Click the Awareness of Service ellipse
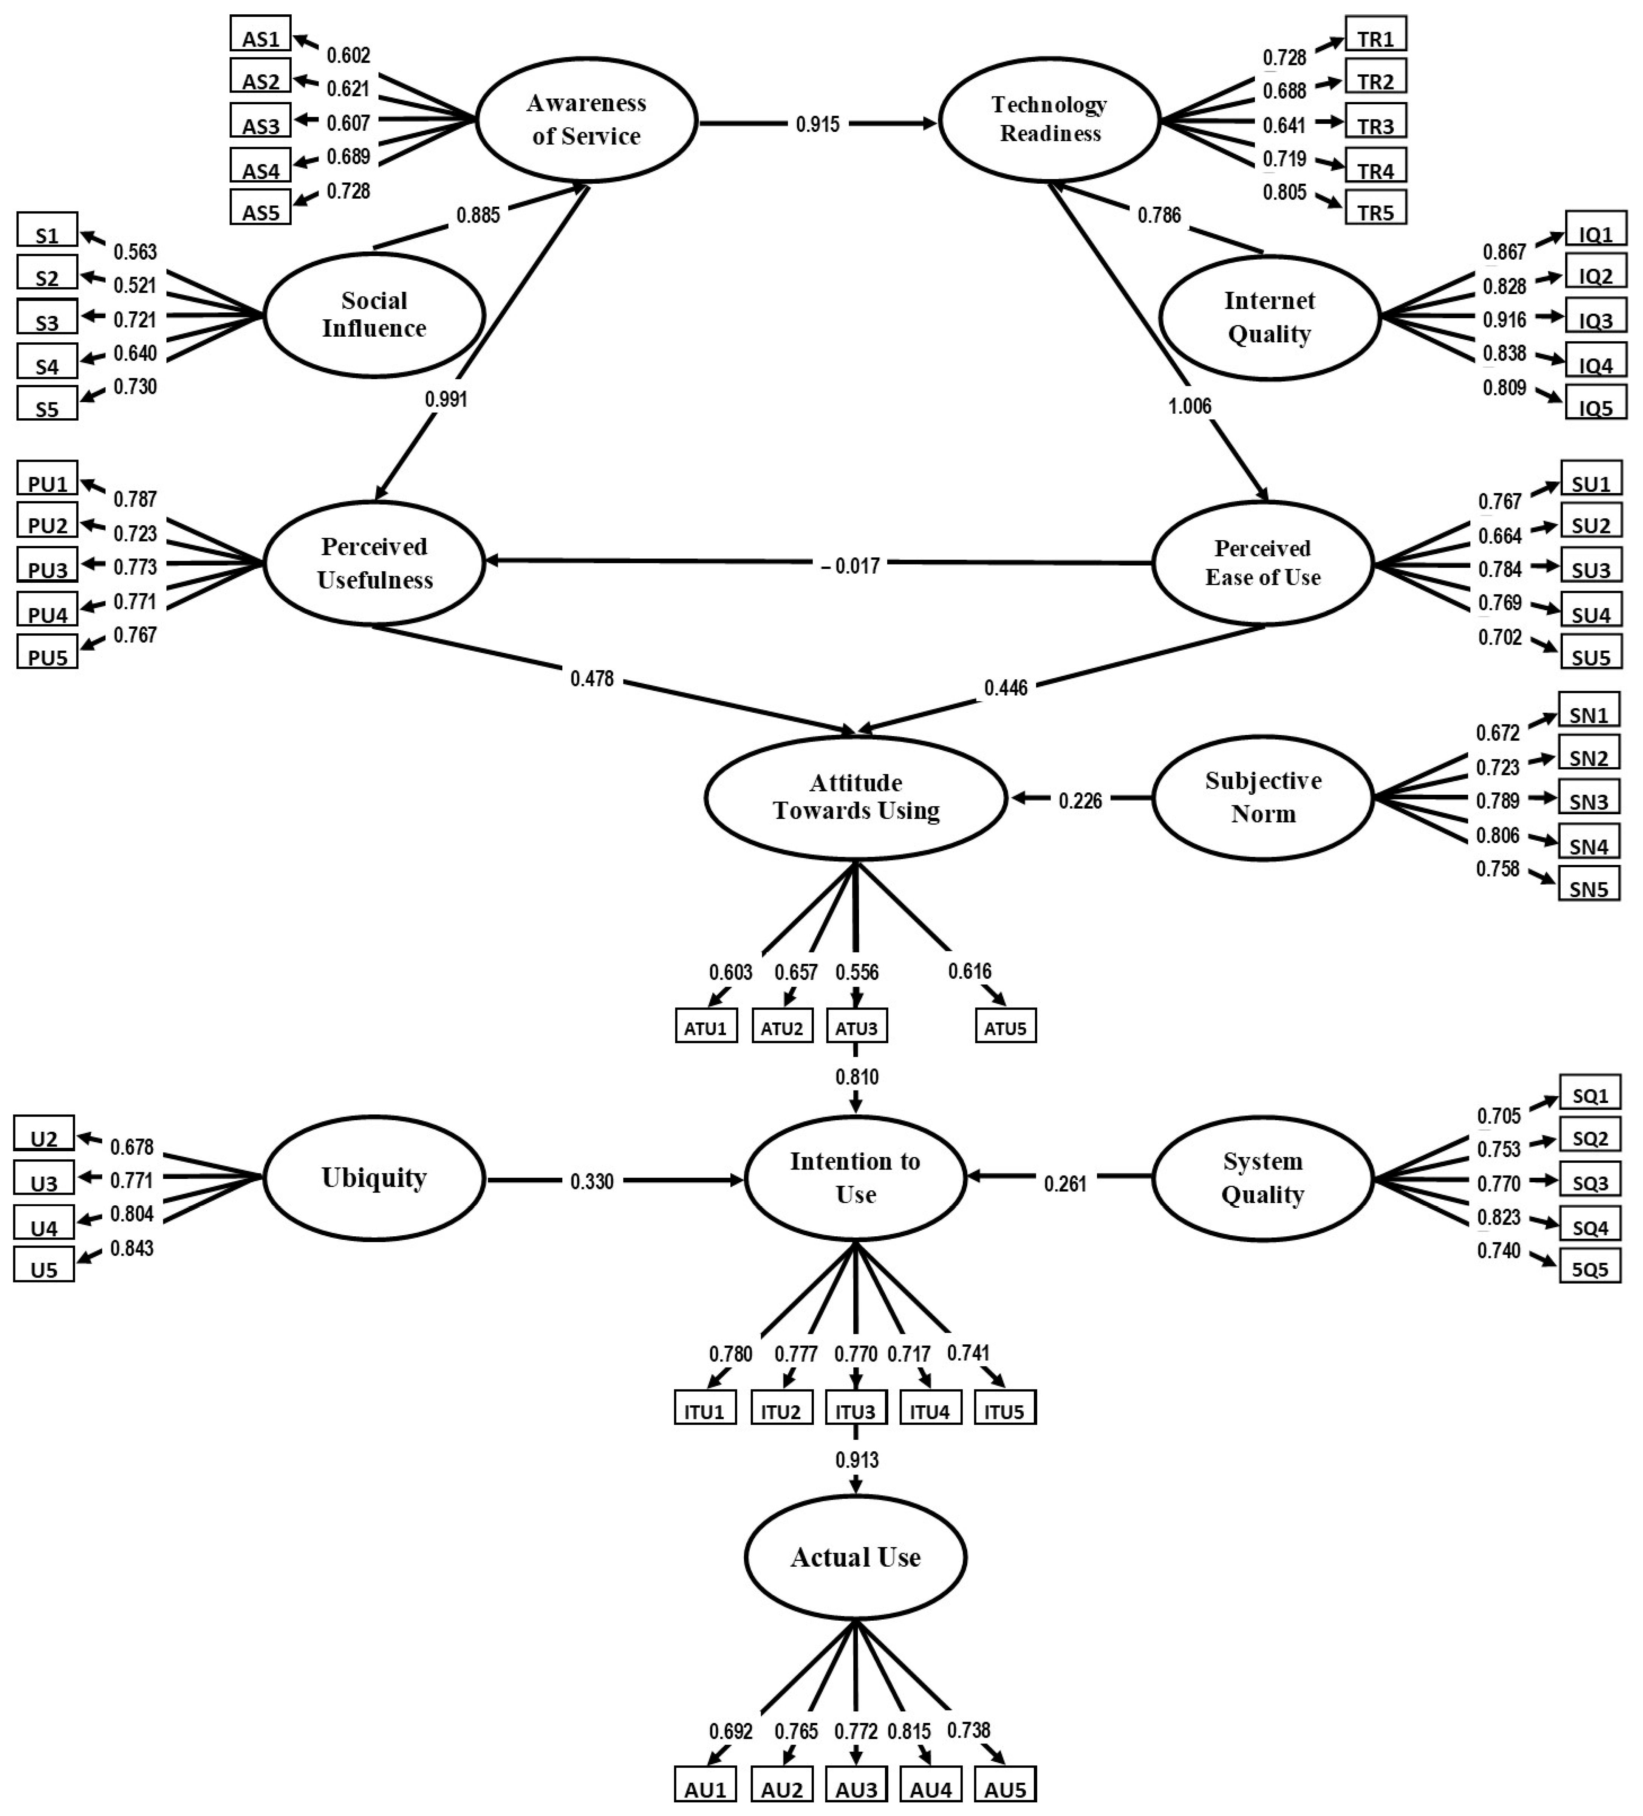click(x=586, y=120)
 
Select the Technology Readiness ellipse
click(x=1049, y=120)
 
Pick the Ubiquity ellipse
click(x=374, y=1178)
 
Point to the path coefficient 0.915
click(x=817, y=124)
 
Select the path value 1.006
click(x=1189, y=406)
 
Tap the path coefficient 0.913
click(x=857, y=1459)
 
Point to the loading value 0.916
click(x=1504, y=320)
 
